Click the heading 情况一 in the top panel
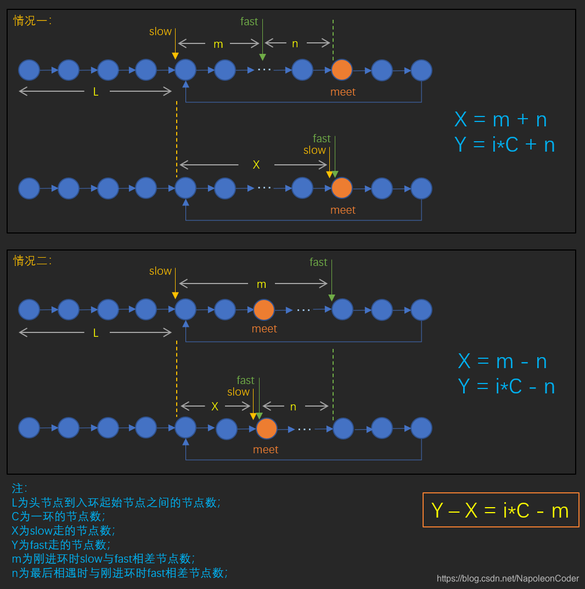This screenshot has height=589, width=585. coord(32,21)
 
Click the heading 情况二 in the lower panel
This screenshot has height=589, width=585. coord(32,260)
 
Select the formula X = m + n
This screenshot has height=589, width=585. coord(500,120)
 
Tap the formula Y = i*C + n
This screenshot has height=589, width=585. coord(504,145)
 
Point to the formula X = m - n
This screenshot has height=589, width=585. coord(503,361)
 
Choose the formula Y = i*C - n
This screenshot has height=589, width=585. coord(506,386)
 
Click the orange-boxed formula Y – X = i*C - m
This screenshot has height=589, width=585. coord(500,510)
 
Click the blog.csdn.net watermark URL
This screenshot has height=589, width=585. coord(508,579)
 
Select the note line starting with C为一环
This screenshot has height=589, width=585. coord(58,516)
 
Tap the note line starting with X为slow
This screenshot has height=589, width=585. coord(63,531)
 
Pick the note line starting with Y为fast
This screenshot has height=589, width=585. coord(60,545)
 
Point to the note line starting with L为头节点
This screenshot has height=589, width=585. coord(116,502)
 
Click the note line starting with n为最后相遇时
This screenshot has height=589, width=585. coord(119,573)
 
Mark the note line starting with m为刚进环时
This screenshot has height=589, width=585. coord(103,559)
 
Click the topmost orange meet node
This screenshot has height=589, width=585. coord(342,70)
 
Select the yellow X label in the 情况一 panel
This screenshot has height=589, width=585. coord(256,164)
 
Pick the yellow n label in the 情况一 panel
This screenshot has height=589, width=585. coord(295,44)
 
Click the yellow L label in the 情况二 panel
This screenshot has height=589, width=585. coord(95,332)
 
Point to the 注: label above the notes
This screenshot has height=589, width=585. coord(19,488)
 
